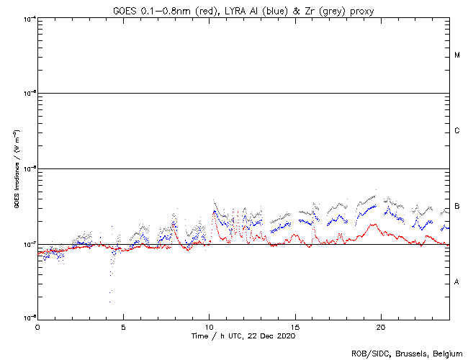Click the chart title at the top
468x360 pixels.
243,11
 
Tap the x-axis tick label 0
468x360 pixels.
37,326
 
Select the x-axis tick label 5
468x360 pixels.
123,326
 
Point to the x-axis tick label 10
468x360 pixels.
209,326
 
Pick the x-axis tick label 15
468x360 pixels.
295,326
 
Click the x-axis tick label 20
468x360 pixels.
381,326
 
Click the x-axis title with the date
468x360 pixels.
243,336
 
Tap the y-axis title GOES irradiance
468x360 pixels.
15,168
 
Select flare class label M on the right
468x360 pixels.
457,55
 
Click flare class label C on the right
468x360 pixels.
457,131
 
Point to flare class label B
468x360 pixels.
457,207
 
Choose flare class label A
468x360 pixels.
457,282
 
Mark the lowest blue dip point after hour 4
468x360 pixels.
110,292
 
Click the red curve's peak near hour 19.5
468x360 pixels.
373,224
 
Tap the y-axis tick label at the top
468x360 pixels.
29,18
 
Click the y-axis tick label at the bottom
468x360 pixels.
29,318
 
